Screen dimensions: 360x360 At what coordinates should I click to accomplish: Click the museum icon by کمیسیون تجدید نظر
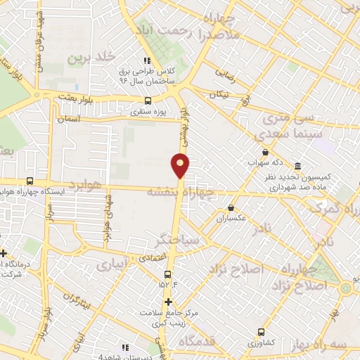[x=298, y=167]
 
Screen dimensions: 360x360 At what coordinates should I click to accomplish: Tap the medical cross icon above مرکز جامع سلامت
[x=167, y=302]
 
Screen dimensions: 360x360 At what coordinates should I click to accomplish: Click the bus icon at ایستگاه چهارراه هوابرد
[x=30, y=180]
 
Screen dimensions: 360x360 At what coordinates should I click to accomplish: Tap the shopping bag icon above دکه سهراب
[x=264, y=151]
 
